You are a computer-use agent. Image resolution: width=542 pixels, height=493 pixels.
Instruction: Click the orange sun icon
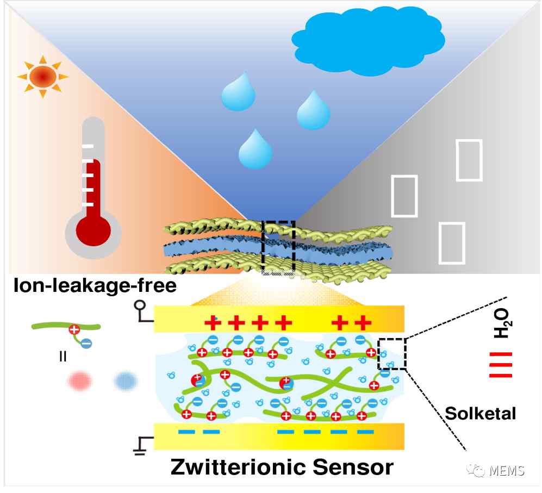42,77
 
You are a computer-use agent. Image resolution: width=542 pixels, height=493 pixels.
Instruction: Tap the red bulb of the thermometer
93,230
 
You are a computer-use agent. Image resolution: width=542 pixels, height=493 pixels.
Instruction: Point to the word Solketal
480,413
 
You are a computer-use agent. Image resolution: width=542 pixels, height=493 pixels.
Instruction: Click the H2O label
501,323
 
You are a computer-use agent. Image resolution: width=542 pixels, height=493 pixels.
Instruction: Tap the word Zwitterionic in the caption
238,467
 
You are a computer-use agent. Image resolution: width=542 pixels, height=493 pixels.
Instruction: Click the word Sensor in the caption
353,467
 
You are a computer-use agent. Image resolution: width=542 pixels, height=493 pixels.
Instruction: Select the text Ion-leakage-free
95,285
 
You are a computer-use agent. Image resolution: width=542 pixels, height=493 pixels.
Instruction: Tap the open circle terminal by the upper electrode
140,305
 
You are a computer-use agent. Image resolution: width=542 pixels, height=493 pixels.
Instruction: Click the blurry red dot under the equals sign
80,381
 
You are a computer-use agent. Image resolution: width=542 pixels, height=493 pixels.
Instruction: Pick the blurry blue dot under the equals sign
126,381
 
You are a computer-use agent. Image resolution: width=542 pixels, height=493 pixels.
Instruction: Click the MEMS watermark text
507,471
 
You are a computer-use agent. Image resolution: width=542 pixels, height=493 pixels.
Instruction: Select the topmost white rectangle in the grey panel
469,160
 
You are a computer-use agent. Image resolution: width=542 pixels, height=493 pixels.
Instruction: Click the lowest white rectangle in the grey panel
451,243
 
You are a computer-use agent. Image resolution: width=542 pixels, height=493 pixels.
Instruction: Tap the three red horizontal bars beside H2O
501,364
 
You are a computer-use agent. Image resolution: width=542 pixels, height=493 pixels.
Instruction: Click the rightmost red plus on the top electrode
363,323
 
